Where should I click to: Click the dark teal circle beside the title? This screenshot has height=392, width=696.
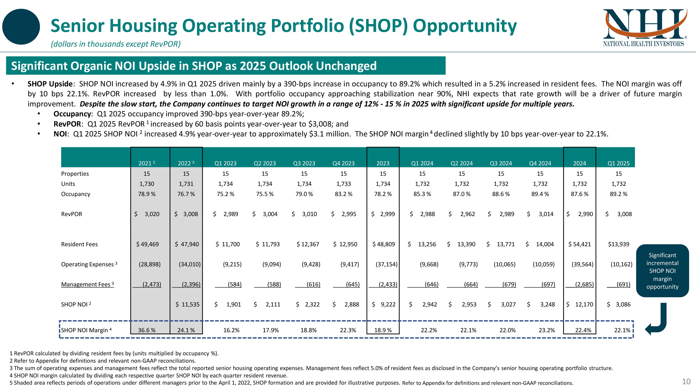21,27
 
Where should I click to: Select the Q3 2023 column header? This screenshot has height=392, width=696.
304,163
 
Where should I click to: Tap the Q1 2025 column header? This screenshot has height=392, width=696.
618,163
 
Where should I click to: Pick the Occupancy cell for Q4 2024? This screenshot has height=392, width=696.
540,194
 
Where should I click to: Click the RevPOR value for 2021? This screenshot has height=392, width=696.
147,214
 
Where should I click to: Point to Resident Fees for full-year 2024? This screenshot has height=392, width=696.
580,244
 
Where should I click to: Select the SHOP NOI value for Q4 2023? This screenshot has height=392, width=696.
346,304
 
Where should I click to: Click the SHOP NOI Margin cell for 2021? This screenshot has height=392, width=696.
147,330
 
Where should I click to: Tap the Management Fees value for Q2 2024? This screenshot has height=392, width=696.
471,284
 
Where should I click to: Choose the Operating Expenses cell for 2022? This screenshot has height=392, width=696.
190,264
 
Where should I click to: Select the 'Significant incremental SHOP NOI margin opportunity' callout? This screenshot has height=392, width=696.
662,271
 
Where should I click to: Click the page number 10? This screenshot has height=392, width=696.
686,381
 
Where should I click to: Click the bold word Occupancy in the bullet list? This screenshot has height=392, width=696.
72,114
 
